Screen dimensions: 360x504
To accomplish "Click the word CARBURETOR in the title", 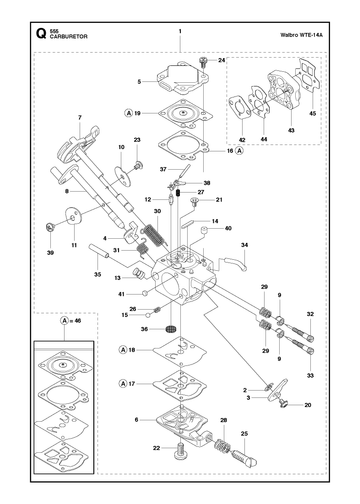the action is pyautogui.click(x=69, y=37).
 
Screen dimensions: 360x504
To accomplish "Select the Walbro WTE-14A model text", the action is pyautogui.click(x=301, y=35).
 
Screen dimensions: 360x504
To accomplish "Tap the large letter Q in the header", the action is pyautogui.click(x=41, y=34).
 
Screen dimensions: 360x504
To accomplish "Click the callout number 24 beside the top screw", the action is pyautogui.click(x=222, y=60).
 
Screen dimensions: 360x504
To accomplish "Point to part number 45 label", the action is pyautogui.click(x=312, y=113).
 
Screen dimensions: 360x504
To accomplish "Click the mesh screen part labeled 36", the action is pyautogui.click(x=171, y=329).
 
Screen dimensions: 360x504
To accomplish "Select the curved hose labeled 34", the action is pyautogui.click(x=236, y=263).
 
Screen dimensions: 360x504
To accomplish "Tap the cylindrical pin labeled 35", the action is pyautogui.click(x=99, y=251).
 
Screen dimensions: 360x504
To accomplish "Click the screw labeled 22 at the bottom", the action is pyautogui.click(x=180, y=452).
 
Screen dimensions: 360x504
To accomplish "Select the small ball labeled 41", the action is pyautogui.click(x=145, y=294).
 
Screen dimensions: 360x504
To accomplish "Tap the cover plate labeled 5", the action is pyautogui.click(x=183, y=80).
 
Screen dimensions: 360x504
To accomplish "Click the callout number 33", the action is pyautogui.click(x=310, y=375).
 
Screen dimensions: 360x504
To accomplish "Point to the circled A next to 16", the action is pyautogui.click(x=240, y=151).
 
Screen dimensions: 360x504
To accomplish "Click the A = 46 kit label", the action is pyautogui.click(x=71, y=321).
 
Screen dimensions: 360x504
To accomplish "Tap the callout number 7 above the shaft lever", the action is pyautogui.click(x=80, y=117).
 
